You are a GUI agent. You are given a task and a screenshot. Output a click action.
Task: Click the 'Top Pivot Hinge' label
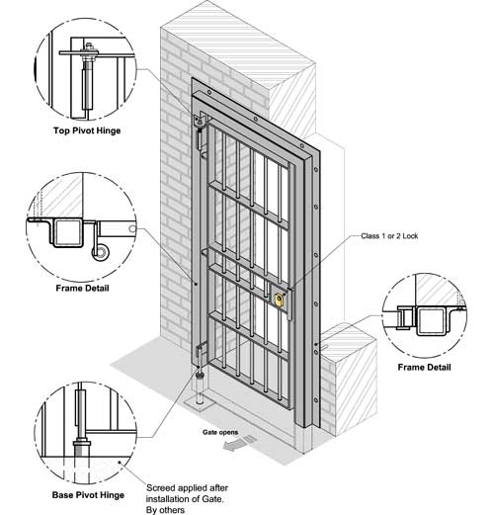click(87, 130)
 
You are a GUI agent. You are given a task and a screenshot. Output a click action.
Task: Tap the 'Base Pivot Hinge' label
click(88, 495)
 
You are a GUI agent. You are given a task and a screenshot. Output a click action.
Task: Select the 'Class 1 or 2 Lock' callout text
click(389, 236)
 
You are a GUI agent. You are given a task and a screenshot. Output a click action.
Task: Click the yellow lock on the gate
click(279, 300)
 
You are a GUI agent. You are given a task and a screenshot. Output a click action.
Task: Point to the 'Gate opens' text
click(220, 432)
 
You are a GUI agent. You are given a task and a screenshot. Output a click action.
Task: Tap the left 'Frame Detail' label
click(82, 289)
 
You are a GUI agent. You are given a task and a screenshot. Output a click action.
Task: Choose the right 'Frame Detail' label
click(424, 367)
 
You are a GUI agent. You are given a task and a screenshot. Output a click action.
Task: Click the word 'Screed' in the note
click(159, 488)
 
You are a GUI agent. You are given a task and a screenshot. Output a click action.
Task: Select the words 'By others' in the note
click(165, 510)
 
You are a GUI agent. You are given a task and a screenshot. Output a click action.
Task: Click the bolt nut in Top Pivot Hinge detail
click(88, 45)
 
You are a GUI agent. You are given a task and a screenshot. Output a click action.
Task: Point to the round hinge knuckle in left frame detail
click(100, 253)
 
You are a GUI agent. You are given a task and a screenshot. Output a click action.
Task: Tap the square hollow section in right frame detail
click(431, 321)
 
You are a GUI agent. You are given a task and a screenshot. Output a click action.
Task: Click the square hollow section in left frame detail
click(67, 232)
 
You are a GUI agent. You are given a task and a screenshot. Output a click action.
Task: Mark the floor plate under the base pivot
click(199, 405)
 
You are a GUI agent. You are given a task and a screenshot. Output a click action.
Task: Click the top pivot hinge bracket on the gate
click(200, 121)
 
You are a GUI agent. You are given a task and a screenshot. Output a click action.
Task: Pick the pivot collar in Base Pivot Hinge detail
click(82, 442)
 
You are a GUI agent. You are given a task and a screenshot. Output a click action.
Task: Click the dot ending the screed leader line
click(120, 463)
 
